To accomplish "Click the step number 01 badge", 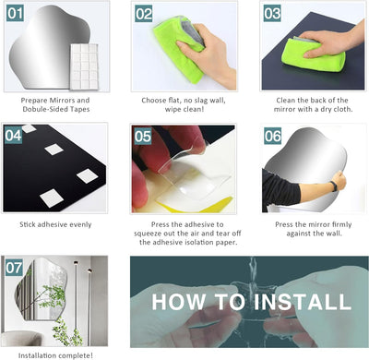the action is coord(15,14).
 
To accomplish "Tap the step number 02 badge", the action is coord(144,14).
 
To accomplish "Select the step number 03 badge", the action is coord(272,14).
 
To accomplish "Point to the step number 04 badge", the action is coord(13,136).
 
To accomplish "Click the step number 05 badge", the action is coord(143,137).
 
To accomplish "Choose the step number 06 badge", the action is coord(272,136).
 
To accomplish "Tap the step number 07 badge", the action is coord(14,268).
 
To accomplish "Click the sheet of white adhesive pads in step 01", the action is coord(84,66).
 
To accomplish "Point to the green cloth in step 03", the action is coord(313,54).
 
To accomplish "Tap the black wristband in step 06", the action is coord(334,186).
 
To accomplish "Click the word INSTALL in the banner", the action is coord(303,302).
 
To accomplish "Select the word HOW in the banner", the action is coord(179,302).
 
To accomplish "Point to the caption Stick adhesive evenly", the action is coord(55,224).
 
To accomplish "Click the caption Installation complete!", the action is coord(55,355).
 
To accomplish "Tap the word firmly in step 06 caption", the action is coord(341,224).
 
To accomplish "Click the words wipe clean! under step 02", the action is coord(184,109).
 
